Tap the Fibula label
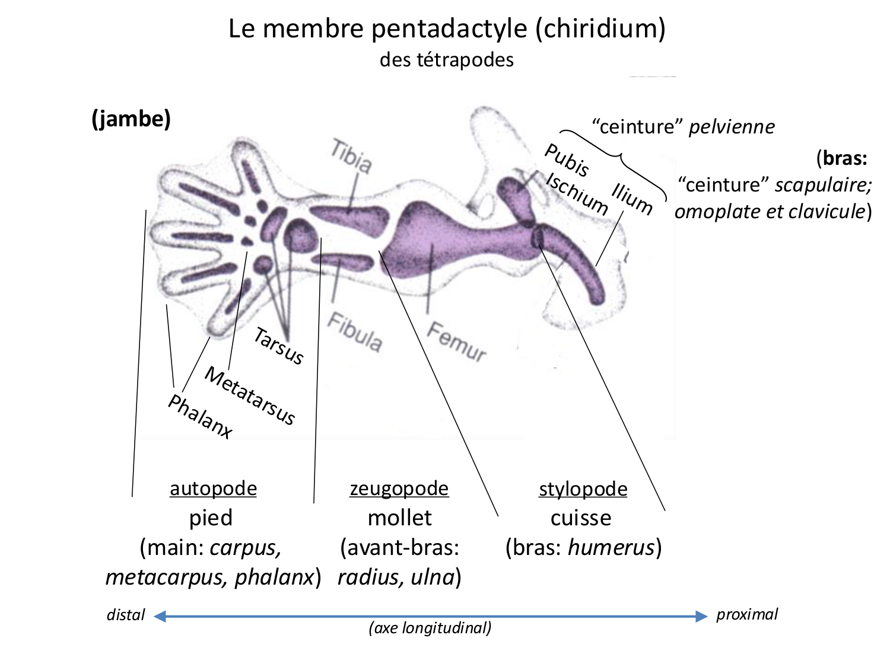point(355,332)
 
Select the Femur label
point(456,342)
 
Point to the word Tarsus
point(278,346)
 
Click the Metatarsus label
point(250,395)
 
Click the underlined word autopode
point(213,489)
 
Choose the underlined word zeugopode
point(399,489)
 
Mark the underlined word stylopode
point(583,489)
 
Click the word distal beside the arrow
point(126,615)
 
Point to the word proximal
point(746,614)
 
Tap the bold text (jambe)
point(131,119)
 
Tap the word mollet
point(399,518)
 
